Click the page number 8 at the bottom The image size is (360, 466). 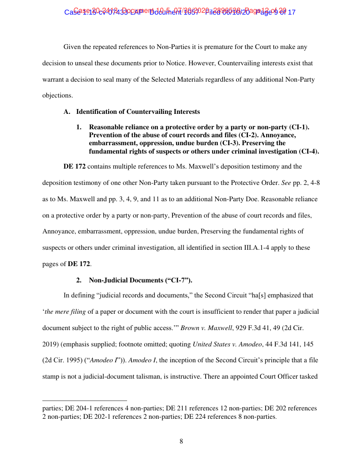[181, 441]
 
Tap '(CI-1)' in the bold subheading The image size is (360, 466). [298, 127]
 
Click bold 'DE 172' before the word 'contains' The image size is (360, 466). [74, 166]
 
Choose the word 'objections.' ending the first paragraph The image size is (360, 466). [57, 95]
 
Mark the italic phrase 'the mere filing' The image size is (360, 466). [65, 312]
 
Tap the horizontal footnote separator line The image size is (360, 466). [84, 401]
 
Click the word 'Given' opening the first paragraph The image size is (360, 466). [72, 47]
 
